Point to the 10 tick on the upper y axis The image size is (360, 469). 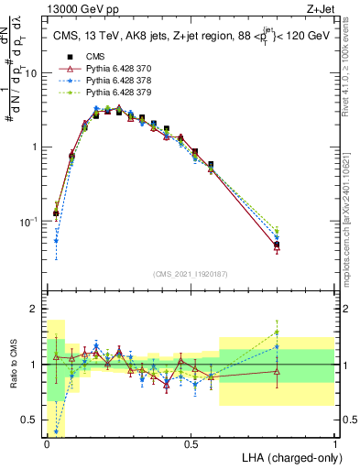(34, 72)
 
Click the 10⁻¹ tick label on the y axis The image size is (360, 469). (31, 222)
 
